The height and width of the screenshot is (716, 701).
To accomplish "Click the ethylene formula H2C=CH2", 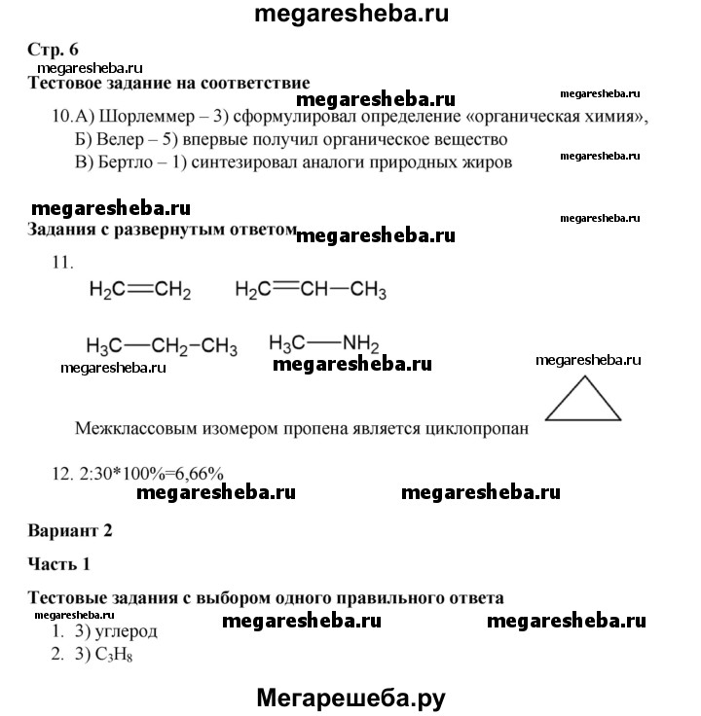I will coord(139,290).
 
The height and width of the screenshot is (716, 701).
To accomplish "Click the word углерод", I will coord(126,631).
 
